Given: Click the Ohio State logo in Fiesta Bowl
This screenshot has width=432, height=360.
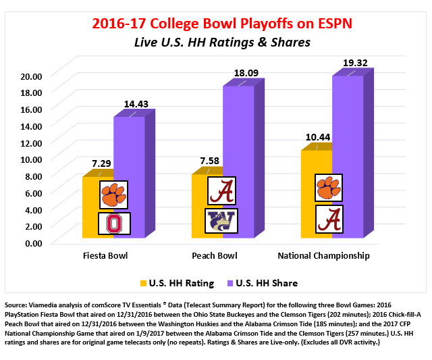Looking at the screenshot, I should coord(113,224).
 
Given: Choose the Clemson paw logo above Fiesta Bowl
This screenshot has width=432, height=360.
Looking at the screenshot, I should coord(113,195).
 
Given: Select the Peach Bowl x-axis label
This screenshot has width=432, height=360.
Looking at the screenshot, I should coord(215,257).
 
